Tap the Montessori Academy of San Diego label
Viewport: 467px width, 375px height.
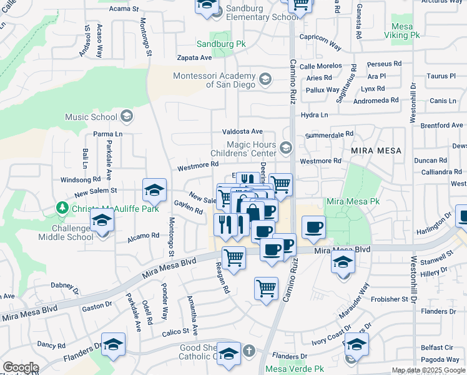click(214, 80)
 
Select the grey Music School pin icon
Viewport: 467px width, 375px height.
click(127, 116)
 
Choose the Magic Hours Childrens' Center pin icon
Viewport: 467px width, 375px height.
click(286, 148)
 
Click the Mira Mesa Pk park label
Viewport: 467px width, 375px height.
click(353, 202)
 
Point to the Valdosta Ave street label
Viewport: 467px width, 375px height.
click(243, 132)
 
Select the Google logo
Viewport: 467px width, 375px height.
click(21, 367)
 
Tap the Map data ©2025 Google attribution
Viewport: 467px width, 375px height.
click(428, 370)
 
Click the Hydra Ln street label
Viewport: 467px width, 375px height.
click(314, 115)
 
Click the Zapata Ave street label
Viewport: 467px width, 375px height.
click(194, 57)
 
